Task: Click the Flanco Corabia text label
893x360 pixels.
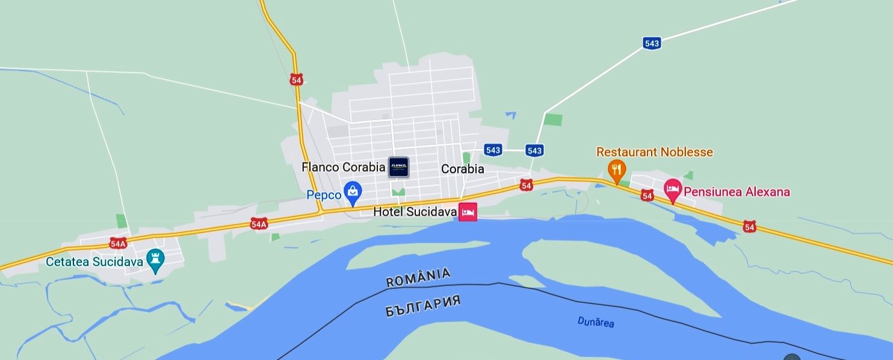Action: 343,167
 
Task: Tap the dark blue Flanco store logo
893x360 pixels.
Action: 398,167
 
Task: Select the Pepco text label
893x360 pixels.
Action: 324,195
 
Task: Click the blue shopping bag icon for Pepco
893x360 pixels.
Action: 352,193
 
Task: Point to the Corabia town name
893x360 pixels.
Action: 462,169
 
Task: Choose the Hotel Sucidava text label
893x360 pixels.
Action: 415,212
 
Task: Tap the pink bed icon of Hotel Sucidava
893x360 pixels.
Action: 468,212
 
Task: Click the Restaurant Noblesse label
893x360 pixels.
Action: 654,152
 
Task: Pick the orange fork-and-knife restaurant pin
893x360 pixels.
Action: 616,170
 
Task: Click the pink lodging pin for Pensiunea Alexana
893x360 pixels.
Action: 673,190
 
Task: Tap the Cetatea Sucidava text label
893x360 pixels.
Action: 94,262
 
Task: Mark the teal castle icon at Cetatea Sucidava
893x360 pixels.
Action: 156,261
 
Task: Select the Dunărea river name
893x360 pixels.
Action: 596,322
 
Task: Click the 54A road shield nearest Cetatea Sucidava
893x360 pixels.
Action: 118,243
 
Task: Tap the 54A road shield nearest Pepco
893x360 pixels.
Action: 259,224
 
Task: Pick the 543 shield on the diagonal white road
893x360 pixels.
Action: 652,43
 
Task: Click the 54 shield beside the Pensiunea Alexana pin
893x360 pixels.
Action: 647,195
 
